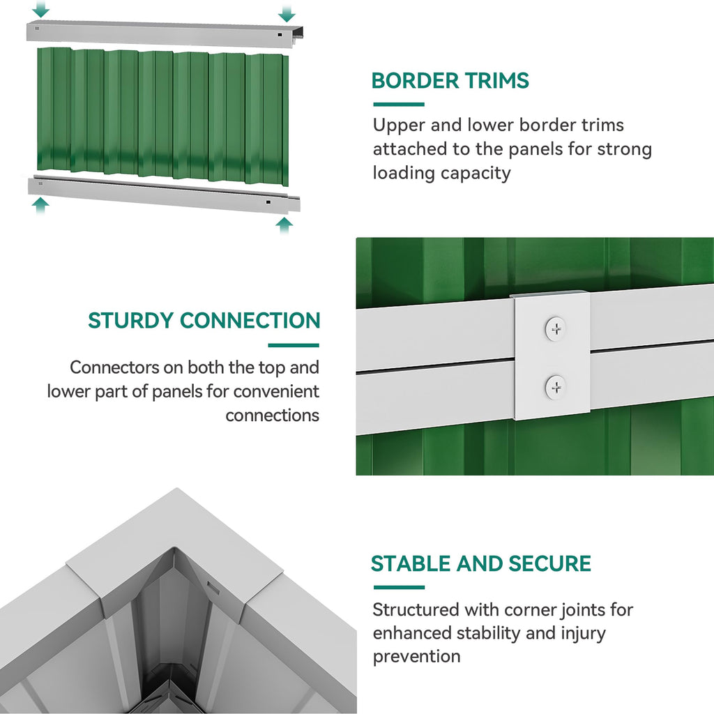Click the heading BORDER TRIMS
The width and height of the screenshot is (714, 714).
[x=450, y=81]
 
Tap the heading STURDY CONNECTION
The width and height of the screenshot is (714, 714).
[x=204, y=321]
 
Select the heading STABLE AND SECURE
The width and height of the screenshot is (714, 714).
[x=481, y=563]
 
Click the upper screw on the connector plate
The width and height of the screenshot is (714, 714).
[x=556, y=328]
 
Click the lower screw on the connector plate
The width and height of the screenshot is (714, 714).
[x=556, y=388]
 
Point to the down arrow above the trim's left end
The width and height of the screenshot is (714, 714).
[x=40, y=8]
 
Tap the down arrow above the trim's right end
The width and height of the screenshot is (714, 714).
[x=287, y=14]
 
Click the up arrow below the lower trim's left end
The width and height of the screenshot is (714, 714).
[x=40, y=206]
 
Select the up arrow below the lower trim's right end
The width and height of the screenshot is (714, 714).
[x=284, y=225]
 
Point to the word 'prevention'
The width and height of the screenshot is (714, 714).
[x=417, y=657]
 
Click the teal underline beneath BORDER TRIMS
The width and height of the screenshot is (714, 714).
[x=399, y=105]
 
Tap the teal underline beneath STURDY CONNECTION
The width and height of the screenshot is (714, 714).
[x=294, y=345]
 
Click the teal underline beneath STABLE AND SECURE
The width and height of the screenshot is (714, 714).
[x=399, y=587]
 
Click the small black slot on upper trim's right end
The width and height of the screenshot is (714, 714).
[x=280, y=35]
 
